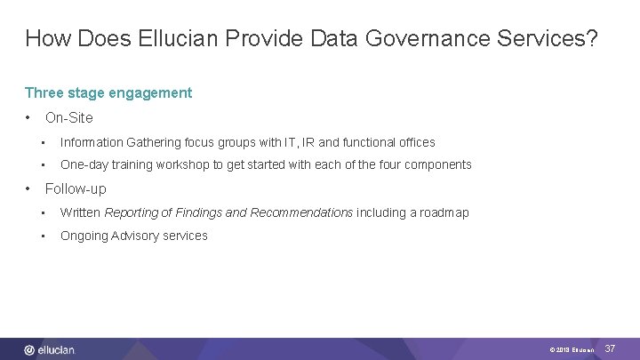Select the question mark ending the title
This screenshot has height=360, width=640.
click(591, 38)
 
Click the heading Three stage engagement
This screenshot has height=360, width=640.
click(108, 92)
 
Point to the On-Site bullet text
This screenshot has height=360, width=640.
click(68, 117)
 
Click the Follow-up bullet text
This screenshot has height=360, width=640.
click(76, 188)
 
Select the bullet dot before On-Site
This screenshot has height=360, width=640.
click(29, 117)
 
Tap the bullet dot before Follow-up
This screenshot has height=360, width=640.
click(29, 188)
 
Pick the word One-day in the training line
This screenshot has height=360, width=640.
click(83, 164)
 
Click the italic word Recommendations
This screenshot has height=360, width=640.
click(301, 212)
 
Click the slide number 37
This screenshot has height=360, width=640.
click(610, 349)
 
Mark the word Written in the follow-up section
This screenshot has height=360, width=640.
click(80, 212)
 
